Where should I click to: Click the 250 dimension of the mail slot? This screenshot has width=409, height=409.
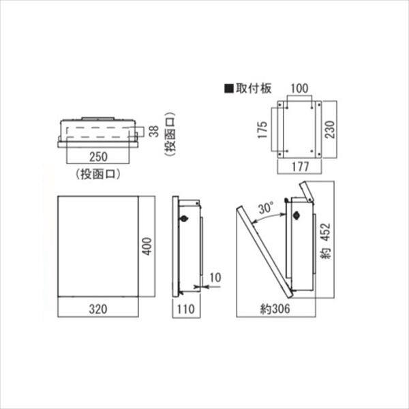pyautogui.click(x=98, y=157)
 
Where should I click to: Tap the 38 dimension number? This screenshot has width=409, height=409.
pyautogui.click(x=154, y=131)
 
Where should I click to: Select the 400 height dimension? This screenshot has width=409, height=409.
pyautogui.click(x=147, y=246)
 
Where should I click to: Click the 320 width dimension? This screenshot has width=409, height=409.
pyautogui.click(x=98, y=309)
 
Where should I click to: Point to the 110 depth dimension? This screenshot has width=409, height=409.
pyautogui.click(x=186, y=309)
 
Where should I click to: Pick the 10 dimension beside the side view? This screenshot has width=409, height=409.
pyautogui.click(x=215, y=277)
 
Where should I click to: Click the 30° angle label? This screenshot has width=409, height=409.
pyautogui.click(x=267, y=208)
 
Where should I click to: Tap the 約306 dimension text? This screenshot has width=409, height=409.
pyautogui.click(x=275, y=309)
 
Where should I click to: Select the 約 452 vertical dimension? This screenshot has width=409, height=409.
pyautogui.click(x=326, y=241)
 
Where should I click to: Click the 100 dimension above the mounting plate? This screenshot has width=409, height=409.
pyautogui.click(x=299, y=88)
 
